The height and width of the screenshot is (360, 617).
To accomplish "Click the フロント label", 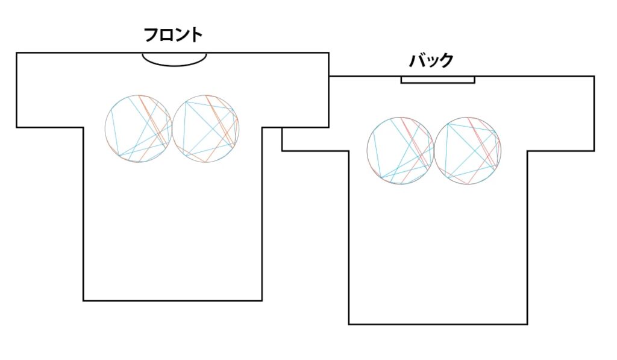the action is click(x=173, y=35).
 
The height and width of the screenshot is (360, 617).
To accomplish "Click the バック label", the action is click(x=431, y=60).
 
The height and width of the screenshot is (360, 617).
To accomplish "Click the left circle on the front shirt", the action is click(x=105, y=128).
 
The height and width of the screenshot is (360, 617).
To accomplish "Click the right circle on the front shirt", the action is click(x=239, y=128).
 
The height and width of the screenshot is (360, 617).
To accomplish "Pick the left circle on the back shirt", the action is click(x=367, y=151).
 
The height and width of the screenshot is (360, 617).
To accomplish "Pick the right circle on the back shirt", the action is click(x=501, y=151).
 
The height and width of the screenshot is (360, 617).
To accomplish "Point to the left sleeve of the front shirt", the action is click(x=50, y=90).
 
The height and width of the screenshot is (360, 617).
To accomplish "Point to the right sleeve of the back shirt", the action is click(x=561, y=113).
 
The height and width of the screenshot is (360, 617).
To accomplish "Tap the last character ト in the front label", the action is click(x=196, y=35).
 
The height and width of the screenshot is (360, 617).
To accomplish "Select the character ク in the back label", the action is click(x=446, y=61).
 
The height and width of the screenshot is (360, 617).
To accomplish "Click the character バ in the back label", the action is click(x=417, y=60).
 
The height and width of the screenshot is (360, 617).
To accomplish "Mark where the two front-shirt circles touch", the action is click(x=172, y=128).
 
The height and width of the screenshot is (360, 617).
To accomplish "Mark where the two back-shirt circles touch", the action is click(x=434, y=151).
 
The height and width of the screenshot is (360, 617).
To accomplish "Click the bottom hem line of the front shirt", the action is click(x=173, y=300).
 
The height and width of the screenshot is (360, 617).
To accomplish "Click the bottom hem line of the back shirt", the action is click(x=438, y=324).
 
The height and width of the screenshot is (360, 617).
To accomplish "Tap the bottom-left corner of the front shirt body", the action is click(x=83, y=300).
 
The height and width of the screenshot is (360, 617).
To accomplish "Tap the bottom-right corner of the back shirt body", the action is click(x=527, y=324).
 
